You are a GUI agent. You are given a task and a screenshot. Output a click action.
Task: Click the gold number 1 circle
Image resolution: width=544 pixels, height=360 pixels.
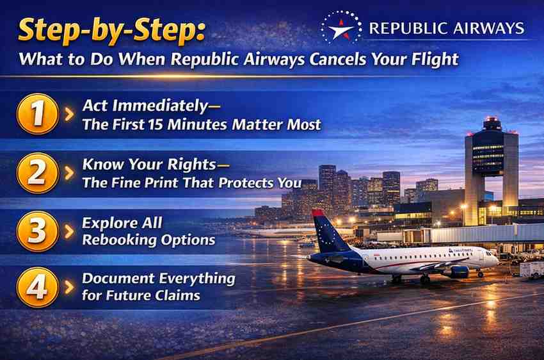(x=37, y=113)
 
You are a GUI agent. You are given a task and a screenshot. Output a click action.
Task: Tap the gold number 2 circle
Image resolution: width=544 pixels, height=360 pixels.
(x=37, y=172)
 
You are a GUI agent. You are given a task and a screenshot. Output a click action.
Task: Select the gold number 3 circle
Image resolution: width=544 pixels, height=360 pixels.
(x=37, y=231)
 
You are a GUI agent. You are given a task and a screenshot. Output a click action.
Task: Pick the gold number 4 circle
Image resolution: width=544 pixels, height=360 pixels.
(x=37, y=287)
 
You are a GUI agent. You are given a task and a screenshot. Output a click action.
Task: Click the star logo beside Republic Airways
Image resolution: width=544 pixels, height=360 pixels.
(x=341, y=28)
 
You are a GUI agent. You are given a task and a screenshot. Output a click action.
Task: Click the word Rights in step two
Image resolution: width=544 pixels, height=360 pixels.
(x=191, y=165)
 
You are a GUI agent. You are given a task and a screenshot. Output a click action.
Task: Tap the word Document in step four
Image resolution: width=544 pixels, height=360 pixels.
(x=118, y=279)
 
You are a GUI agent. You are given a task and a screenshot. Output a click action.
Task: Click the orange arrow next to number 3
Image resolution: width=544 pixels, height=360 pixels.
(x=69, y=231)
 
